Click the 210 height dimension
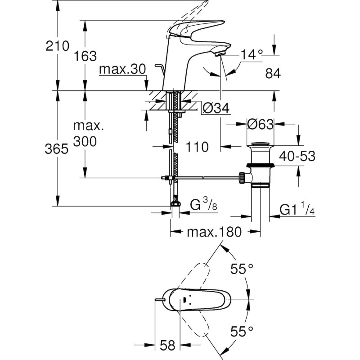56,45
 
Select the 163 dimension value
85,56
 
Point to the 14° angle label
252,55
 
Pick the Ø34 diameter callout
216,108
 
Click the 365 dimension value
56,149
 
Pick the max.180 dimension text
214,232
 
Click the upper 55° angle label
242,269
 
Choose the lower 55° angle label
242,332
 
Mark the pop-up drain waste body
261,166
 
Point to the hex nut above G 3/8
175,204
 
